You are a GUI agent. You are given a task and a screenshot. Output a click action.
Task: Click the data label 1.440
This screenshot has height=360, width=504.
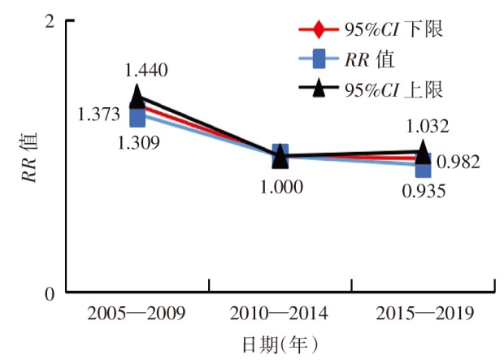coord(146,71)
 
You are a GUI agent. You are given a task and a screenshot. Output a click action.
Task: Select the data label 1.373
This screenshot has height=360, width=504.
coord(99,115)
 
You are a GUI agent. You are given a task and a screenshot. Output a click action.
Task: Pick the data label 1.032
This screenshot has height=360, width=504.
coord(426,126)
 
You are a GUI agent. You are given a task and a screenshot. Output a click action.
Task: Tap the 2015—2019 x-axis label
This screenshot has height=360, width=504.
coord(424,313)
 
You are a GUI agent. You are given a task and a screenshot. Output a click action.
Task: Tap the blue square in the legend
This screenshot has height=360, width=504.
coord(319,59)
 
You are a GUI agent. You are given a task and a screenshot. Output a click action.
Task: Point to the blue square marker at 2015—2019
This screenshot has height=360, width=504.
coord(424,167)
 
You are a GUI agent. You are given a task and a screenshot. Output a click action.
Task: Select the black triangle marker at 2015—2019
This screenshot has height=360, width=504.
coord(424,150)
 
